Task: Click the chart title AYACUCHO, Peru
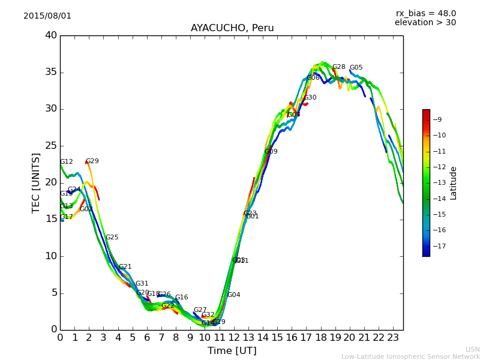tap(232, 28)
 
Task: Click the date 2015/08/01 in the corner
tap(47, 16)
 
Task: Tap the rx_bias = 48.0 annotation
tap(425, 14)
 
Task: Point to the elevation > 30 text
tap(425, 23)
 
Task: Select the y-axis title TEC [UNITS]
tap(37, 183)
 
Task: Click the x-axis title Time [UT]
tap(232, 351)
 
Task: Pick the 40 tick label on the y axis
tap(50, 35)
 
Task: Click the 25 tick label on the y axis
tap(50, 146)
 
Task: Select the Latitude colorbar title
tap(454, 183)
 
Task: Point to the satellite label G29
tap(92, 161)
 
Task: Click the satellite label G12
tap(67, 162)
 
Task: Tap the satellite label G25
tap(112, 238)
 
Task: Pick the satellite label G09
tap(271, 152)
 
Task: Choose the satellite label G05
tap(356, 68)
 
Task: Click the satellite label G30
tap(310, 98)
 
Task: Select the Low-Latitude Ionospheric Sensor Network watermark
tap(410, 357)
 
